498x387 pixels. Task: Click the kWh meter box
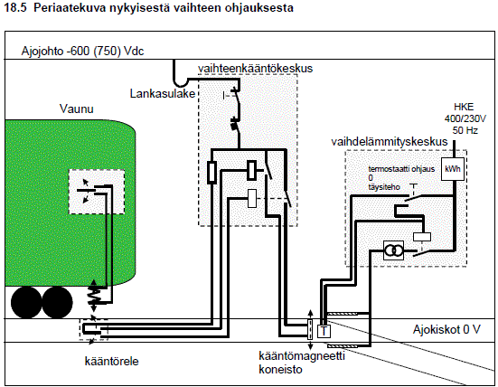[453, 169]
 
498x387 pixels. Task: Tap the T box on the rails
[324, 332]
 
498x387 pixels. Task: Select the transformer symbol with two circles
[393, 250]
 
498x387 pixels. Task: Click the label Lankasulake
[163, 93]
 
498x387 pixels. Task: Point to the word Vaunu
[77, 109]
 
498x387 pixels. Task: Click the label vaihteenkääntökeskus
[255, 69]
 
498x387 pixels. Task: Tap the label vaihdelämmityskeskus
[389, 141]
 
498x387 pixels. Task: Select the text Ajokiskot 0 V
[446, 329]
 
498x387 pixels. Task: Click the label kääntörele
[111, 362]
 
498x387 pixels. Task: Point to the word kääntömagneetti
[302, 356]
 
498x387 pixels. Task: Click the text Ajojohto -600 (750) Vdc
[82, 52]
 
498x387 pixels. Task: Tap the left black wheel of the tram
[26, 302]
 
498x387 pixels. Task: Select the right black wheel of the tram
[57, 302]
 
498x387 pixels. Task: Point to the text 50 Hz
[465, 130]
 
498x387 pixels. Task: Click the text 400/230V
[465, 118]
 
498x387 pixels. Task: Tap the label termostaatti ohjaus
[401, 169]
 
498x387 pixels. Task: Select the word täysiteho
[384, 187]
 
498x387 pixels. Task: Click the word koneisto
[280, 370]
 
